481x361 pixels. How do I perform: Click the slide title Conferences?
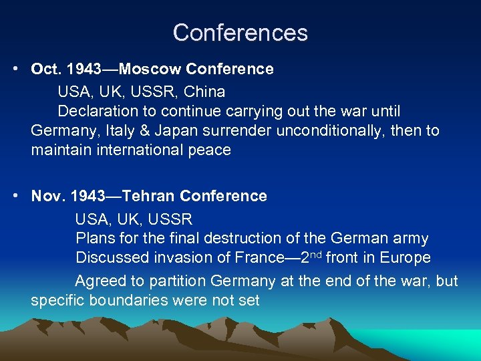(240, 33)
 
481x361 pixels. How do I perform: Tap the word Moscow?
(157, 70)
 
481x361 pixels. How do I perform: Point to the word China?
(206, 92)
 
